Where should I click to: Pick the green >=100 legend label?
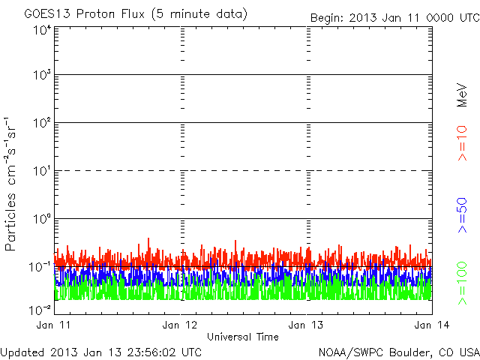(x=462, y=281)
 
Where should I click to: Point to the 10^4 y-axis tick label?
(x=42, y=30)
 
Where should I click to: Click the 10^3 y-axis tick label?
(x=42, y=76)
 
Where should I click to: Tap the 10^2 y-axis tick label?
(x=42, y=123)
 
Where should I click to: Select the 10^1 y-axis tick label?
(x=42, y=171)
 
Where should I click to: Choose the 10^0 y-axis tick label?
(x=42, y=219)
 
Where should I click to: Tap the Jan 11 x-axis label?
(x=54, y=325)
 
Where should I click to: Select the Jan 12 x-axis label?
(x=180, y=325)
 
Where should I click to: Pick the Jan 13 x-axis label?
(x=307, y=325)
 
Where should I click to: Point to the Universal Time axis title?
(x=243, y=337)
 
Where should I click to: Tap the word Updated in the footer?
(x=21, y=351)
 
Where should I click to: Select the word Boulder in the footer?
(x=409, y=351)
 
